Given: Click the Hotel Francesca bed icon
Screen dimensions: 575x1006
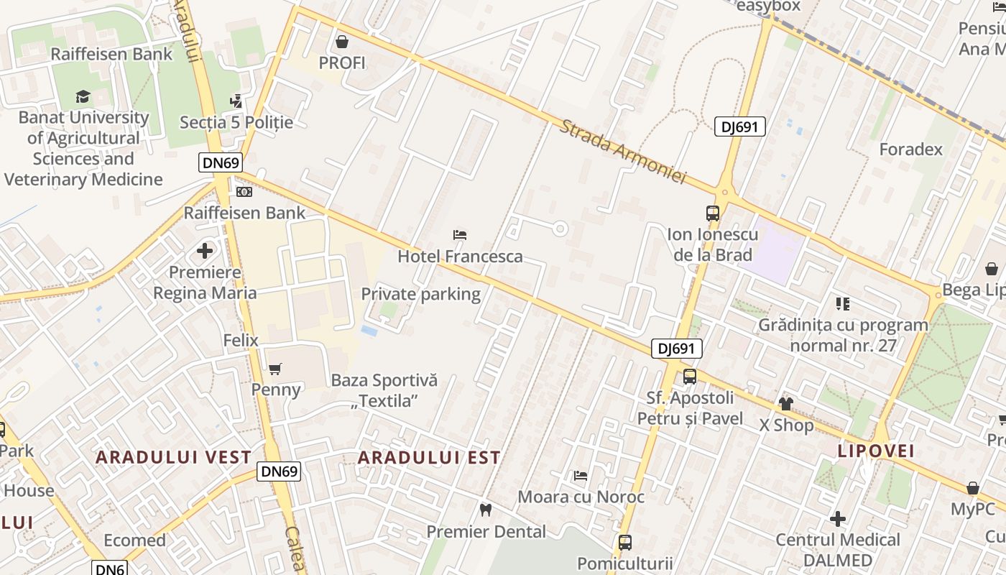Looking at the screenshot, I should tap(460, 235).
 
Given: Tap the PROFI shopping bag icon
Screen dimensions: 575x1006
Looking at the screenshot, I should tap(342, 42).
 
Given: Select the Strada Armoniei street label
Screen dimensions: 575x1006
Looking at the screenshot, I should tap(622, 152).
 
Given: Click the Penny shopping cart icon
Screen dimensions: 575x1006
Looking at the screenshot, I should tap(275, 369).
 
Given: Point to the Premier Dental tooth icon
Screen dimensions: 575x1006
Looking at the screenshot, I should tap(486, 510).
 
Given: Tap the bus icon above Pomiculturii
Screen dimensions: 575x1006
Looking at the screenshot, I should tap(625, 542).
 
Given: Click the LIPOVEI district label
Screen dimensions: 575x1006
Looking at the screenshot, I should tap(876, 451).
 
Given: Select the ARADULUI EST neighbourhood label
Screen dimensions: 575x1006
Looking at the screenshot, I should tap(429, 458).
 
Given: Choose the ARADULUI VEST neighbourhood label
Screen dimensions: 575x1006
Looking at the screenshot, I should tap(173, 457).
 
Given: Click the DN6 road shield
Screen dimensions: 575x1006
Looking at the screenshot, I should tap(111, 568).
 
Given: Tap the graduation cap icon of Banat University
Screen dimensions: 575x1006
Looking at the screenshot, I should tap(83, 96).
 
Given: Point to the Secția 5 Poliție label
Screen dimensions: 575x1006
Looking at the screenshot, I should tap(236, 122).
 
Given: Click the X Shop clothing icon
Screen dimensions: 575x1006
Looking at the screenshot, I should tap(786, 404).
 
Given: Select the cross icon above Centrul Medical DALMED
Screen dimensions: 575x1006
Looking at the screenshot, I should tap(838, 518).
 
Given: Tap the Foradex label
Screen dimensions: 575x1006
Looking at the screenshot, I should tap(911, 149).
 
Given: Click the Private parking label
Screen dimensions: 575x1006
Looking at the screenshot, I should tap(420, 294).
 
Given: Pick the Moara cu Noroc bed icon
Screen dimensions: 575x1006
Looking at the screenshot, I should tap(581, 476).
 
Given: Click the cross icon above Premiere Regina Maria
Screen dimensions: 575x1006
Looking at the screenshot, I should tap(205, 252).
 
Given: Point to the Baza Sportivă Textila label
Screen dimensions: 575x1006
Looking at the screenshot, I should tap(384, 390).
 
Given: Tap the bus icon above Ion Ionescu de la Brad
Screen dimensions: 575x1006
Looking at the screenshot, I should tap(713, 213).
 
